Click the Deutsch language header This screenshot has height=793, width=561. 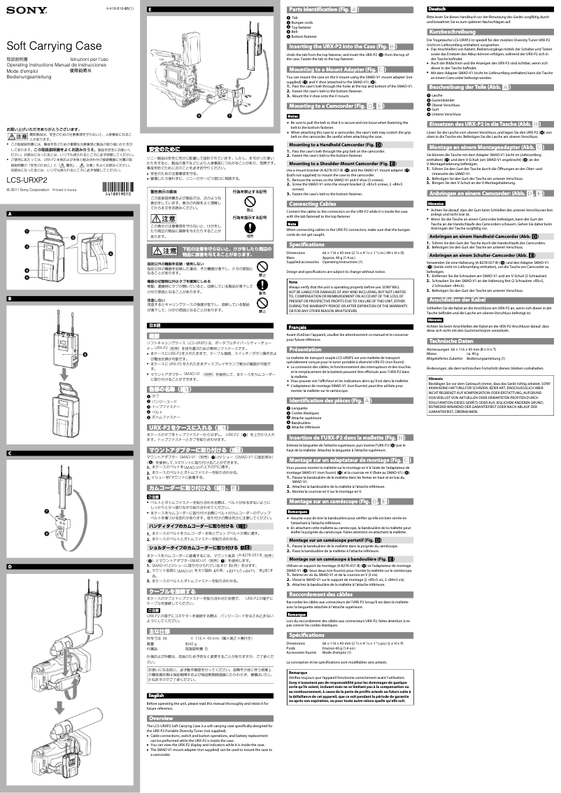[436, 8]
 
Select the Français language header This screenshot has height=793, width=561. [298, 327]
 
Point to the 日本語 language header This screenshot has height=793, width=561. [155, 326]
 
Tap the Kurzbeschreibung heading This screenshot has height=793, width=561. [455, 33]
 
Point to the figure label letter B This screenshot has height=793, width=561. [10, 299]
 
